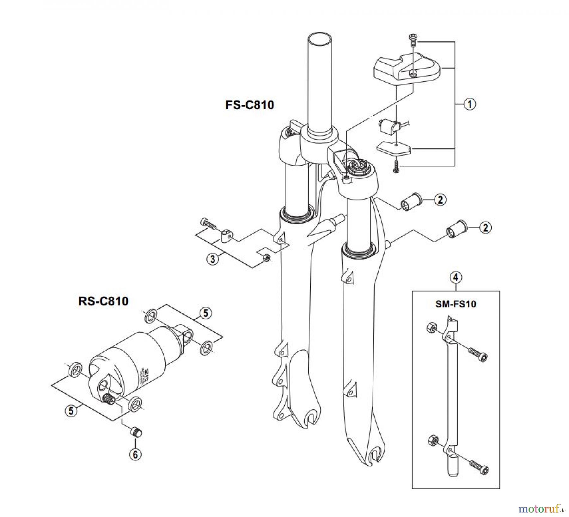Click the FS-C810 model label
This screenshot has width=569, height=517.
[x=249, y=105]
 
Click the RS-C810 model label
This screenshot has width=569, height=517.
[x=103, y=301]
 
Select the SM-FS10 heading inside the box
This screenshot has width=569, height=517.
[x=456, y=304]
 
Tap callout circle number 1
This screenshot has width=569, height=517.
[x=469, y=104]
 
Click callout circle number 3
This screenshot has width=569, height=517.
[x=213, y=259]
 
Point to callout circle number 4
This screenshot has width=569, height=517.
[x=456, y=278]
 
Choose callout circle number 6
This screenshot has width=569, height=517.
[x=135, y=455]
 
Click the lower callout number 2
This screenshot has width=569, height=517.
[x=485, y=227]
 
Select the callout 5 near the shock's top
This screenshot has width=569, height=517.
[x=205, y=313]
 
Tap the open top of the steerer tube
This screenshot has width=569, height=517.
[x=321, y=40]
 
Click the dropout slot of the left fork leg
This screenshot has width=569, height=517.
[x=311, y=417]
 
